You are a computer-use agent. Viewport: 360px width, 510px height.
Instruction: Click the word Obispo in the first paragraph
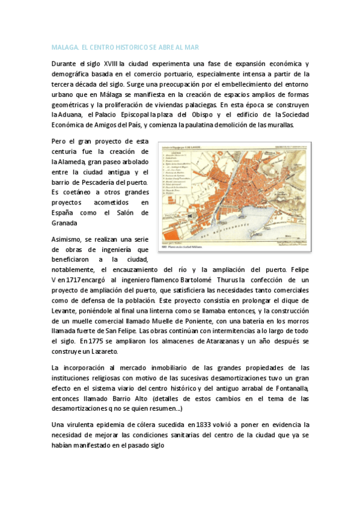click(x=200, y=115)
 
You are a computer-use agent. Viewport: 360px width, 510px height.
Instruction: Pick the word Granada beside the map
click(x=66, y=223)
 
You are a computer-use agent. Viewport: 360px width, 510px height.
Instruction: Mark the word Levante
click(x=66, y=310)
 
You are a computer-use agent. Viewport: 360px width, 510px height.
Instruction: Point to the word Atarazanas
click(x=219, y=341)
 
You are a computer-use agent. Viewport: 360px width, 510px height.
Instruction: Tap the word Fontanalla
click(x=288, y=388)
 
